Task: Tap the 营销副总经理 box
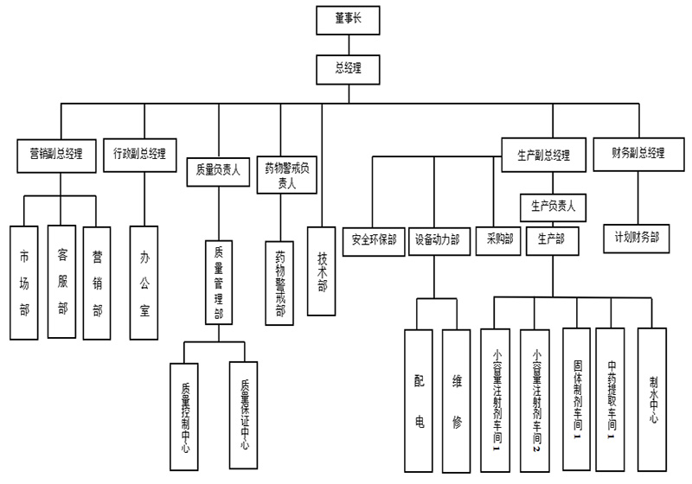point(56,155)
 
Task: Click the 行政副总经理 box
point(139,155)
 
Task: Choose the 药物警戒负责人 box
point(286,175)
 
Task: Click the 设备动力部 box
point(437,239)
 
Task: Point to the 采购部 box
point(496,239)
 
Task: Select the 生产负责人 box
point(553,207)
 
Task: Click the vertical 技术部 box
point(322,271)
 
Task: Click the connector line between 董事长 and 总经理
point(348,44)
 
